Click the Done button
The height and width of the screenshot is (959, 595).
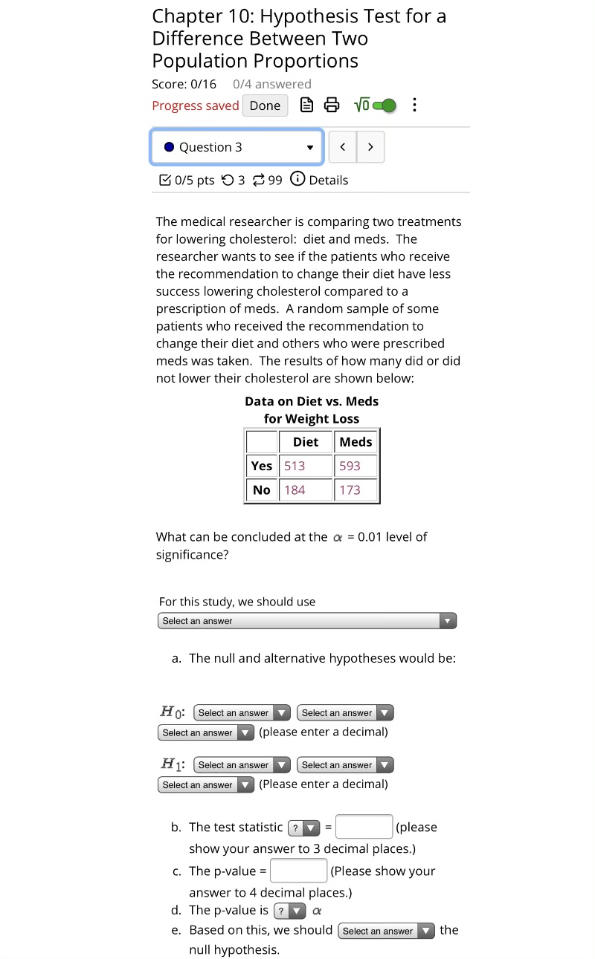pos(265,105)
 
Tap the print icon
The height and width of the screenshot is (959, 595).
pos(331,105)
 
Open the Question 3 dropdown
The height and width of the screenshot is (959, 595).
pos(237,147)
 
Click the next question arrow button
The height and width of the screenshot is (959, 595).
pos(370,147)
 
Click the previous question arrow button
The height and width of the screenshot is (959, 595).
pos(342,147)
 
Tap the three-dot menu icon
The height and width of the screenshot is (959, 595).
pos(414,105)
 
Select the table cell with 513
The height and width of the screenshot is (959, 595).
pos(305,466)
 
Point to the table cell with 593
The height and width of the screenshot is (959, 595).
pos(356,466)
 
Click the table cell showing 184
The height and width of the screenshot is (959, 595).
pos(305,490)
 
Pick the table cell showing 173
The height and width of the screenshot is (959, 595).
pos(356,490)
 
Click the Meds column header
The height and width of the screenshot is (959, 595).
pos(356,442)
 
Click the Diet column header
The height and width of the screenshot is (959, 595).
pos(306,442)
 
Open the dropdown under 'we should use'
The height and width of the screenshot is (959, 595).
pos(306,621)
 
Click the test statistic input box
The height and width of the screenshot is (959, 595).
pos(364,827)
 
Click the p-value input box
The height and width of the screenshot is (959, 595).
pos(298,871)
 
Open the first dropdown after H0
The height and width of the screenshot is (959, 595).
pos(242,713)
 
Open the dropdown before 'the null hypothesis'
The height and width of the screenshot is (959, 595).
pos(386,931)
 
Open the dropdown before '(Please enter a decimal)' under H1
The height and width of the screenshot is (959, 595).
pos(207,785)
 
